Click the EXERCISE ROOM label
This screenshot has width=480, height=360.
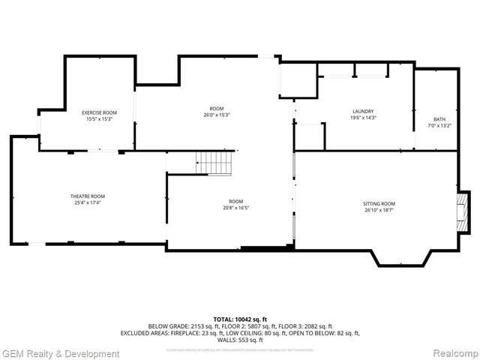(99, 112)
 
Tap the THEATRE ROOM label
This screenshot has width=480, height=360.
(88, 196)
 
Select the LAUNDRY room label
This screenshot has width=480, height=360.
(363, 111)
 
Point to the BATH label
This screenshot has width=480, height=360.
(439, 119)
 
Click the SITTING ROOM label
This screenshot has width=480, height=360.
(379, 204)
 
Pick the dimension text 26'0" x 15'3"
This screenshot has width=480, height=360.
(216, 115)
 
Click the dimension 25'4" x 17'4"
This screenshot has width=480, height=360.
(88, 202)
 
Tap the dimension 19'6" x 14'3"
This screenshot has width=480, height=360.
(363, 118)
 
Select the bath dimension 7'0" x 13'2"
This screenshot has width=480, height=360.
(439, 126)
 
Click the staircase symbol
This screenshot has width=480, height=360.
(214, 162)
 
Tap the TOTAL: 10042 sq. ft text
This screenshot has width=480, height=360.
(240, 319)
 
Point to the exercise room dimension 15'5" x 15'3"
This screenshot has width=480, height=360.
(99, 119)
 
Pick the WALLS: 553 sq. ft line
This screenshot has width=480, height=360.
(240, 340)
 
